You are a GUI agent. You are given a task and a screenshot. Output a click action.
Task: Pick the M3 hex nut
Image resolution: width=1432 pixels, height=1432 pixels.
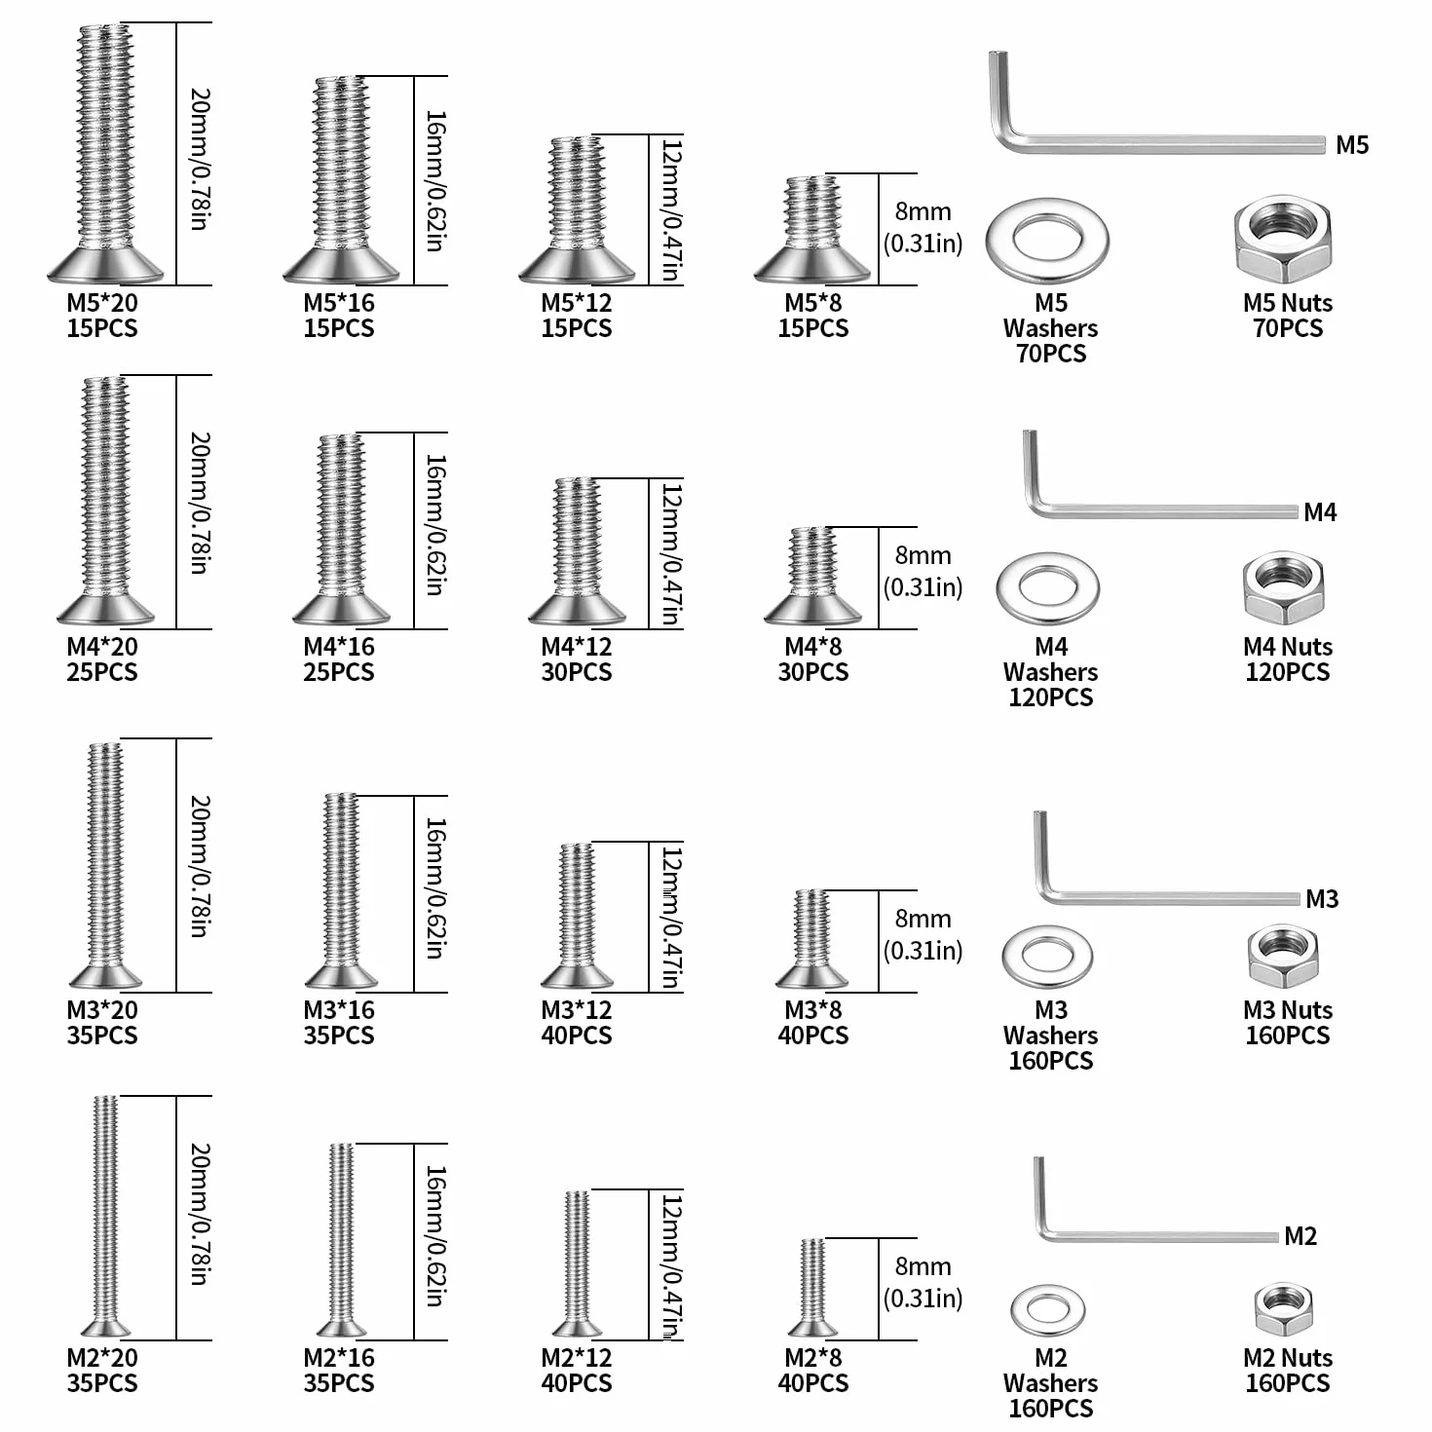(x=1282, y=956)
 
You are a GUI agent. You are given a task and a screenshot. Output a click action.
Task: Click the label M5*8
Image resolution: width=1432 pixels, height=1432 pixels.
(x=813, y=302)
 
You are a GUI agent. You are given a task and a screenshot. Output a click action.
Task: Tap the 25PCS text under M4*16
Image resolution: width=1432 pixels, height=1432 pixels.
(x=339, y=672)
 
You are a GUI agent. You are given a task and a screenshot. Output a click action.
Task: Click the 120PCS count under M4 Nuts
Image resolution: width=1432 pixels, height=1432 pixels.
(x=1287, y=672)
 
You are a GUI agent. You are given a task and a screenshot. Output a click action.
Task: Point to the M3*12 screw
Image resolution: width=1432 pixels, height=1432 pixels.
(x=577, y=916)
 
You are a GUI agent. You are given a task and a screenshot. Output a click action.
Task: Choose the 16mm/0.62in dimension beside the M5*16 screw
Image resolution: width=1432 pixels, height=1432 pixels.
(x=434, y=181)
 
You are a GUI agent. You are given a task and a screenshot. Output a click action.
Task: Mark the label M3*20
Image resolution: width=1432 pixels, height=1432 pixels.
(x=102, y=1010)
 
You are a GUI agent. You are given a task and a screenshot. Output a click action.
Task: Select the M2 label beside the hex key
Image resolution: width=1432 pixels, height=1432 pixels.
(x=1300, y=1236)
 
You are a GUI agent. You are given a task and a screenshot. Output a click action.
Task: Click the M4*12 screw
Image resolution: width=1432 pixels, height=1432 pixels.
(x=577, y=550)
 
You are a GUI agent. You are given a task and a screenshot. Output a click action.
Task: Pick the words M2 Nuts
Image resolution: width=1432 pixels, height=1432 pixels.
(x=1287, y=1358)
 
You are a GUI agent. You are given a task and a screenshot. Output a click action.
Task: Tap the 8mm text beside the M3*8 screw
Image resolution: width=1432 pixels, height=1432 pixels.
(x=923, y=919)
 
